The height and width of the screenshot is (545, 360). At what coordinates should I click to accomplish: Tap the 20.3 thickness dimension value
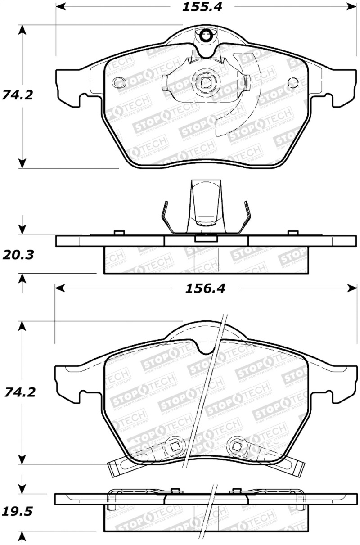click(x=18, y=255)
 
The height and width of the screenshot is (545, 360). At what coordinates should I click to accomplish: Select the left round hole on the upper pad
click(x=119, y=83)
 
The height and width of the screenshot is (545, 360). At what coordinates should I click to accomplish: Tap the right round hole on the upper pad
click(x=292, y=83)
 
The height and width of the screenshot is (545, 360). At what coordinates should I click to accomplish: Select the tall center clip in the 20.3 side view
click(x=205, y=205)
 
